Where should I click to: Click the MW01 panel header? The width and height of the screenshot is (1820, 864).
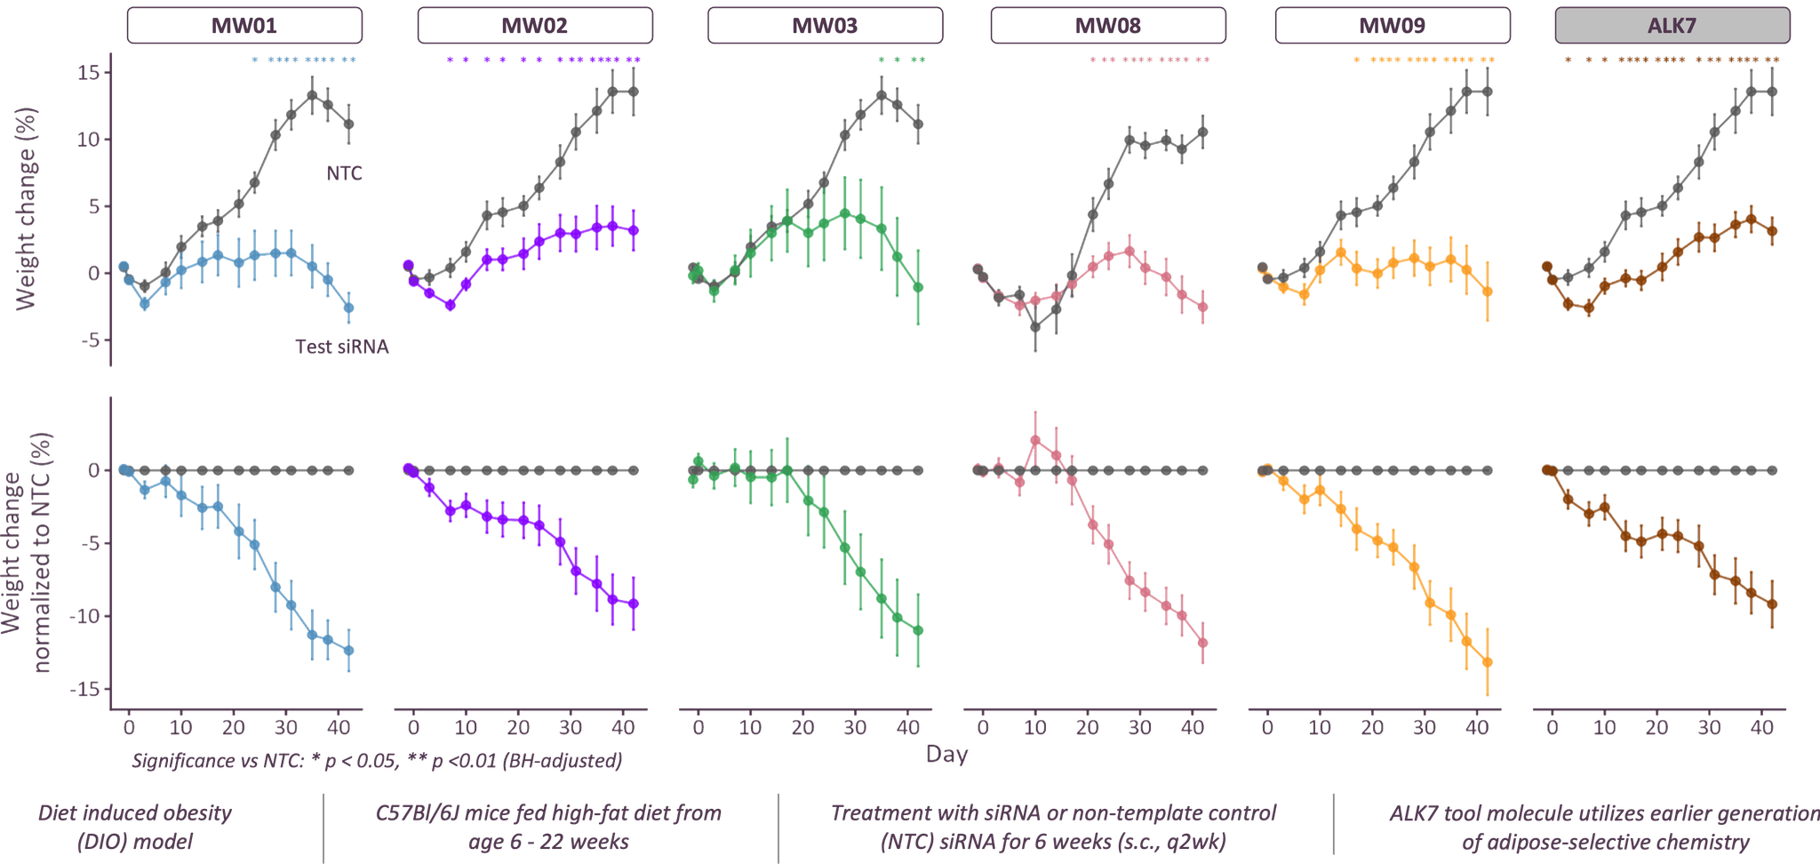pyautogui.click(x=244, y=25)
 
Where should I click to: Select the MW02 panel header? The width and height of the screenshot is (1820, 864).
pyautogui.click(x=535, y=25)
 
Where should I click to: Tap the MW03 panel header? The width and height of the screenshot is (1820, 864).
pyautogui.click(x=825, y=25)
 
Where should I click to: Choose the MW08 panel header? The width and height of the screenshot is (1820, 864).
pyautogui.click(x=1108, y=25)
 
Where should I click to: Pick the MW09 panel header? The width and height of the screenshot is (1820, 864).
pyautogui.click(x=1392, y=25)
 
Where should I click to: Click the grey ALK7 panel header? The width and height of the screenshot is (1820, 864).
pyautogui.click(x=1672, y=25)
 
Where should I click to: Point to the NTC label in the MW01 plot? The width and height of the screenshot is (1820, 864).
pyautogui.click(x=344, y=174)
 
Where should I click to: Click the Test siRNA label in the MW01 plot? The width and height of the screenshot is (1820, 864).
pyautogui.click(x=341, y=348)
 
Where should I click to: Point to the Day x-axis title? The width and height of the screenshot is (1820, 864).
pyautogui.click(x=946, y=756)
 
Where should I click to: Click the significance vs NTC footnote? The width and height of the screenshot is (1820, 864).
pyautogui.click(x=377, y=762)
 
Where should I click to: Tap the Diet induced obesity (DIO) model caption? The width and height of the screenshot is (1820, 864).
pyautogui.click(x=135, y=827)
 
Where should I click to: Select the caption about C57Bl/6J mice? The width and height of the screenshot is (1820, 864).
pyautogui.click(x=548, y=827)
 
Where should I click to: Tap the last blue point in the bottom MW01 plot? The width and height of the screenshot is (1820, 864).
pyautogui.click(x=349, y=651)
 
